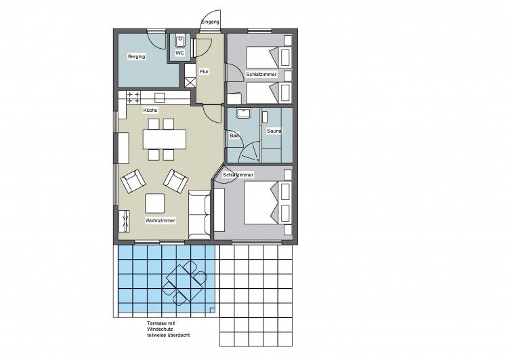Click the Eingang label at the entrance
pyautogui.click(x=210, y=22)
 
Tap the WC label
pyautogui.click(x=179, y=52)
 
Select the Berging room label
pyautogui.click(x=136, y=57)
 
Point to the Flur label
pyautogui.click(x=204, y=72)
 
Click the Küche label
pyautogui.click(x=150, y=111)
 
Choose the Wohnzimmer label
pyautogui.click(x=161, y=220)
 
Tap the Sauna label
pyautogui.click(x=274, y=131)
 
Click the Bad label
pyautogui.click(x=234, y=136)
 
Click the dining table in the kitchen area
pyautogui.click(x=165, y=140)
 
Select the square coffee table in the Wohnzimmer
pyautogui.click(x=155, y=203)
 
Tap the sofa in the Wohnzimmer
pyautogui.click(x=200, y=215)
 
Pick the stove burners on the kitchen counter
pyautogui.click(x=133, y=98)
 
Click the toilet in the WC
pyautogui.click(x=180, y=41)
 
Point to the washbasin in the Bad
pyautogui.click(x=243, y=113)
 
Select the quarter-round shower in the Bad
pyautogui.click(x=249, y=152)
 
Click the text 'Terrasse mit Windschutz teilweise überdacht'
pyautogui.click(x=168, y=329)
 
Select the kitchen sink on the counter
pyautogui.click(x=159, y=98)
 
